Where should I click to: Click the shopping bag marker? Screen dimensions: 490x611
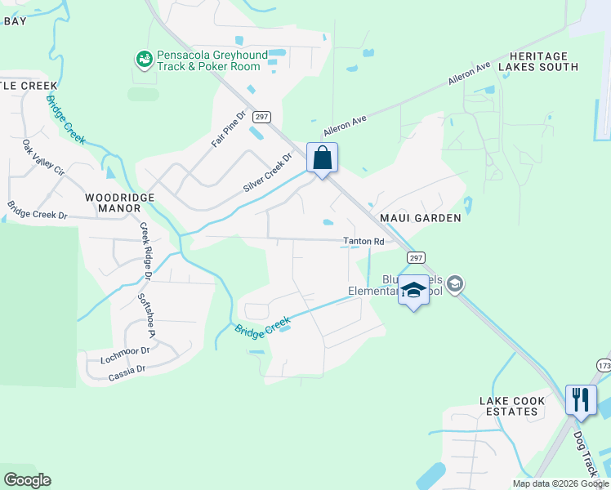pyautogui.click(x=322, y=158)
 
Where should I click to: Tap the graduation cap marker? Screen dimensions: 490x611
pyautogui.click(x=413, y=291)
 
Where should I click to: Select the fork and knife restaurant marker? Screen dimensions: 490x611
pyautogui.click(x=580, y=399)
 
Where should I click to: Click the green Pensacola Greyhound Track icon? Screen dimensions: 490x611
pyautogui.click(x=145, y=59)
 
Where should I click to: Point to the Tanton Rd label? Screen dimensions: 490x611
pyautogui.click(x=363, y=242)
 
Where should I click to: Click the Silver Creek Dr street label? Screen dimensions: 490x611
pyautogui.click(x=267, y=174)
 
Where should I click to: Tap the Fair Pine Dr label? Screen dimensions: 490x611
pyautogui.click(x=229, y=129)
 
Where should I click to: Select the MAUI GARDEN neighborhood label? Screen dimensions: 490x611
pyautogui.click(x=421, y=218)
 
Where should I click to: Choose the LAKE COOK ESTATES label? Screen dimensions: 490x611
pyautogui.click(x=509, y=406)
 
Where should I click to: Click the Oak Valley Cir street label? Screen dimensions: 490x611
pyautogui.click(x=42, y=158)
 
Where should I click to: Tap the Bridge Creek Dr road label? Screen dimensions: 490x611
pyautogui.click(x=37, y=211)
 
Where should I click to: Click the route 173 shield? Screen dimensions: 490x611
pyautogui.click(x=603, y=364)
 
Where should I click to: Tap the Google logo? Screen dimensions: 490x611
pyautogui.click(x=28, y=480)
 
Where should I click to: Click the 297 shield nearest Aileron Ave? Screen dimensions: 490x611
pyautogui.click(x=261, y=117)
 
